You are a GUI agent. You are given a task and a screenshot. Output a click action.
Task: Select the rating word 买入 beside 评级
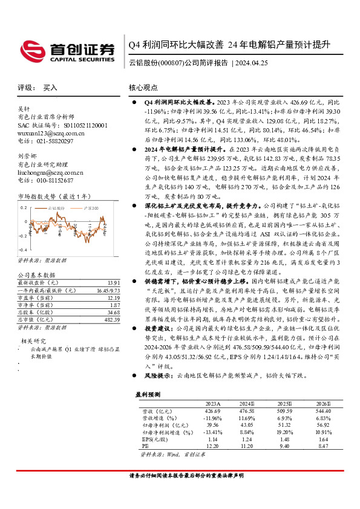(50, 88)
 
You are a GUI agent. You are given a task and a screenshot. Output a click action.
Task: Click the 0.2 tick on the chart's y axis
(25, 207)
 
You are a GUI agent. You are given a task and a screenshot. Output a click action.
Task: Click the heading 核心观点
(143, 88)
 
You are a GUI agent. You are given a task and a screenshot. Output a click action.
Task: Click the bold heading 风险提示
(155, 392)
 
